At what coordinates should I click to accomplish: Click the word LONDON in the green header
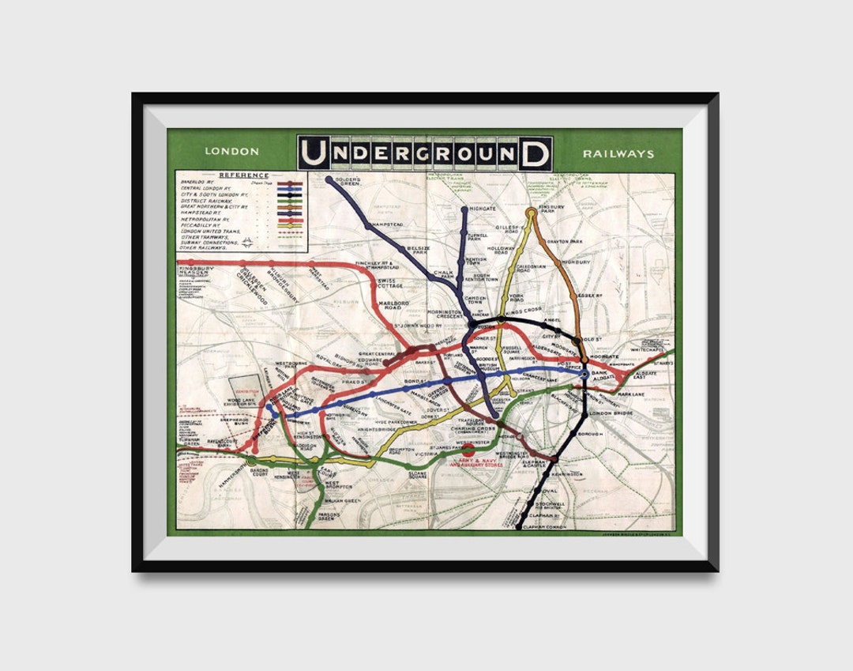(231, 152)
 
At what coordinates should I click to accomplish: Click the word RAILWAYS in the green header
(618, 153)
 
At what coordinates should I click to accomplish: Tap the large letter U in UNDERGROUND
(314, 153)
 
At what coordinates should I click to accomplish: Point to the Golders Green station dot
(329, 180)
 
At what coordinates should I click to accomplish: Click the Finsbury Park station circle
(532, 213)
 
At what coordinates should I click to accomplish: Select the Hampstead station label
(388, 225)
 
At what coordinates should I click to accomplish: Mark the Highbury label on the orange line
(576, 262)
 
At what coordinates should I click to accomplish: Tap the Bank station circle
(584, 375)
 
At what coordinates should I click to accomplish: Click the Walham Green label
(342, 500)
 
